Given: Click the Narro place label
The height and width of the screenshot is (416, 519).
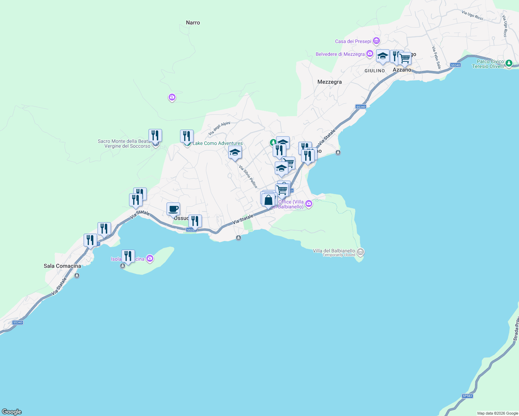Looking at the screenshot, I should tap(193, 23).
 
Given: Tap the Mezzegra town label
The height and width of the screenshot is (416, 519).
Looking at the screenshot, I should tap(330, 82).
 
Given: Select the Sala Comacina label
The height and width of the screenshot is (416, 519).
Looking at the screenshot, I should tap(62, 266).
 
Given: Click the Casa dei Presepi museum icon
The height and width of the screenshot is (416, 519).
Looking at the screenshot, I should tap(376, 41).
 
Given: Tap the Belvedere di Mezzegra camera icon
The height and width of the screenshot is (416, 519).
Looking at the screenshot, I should tap(370, 54).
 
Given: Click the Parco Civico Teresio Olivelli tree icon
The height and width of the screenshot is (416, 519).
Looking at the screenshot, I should tap(509, 63).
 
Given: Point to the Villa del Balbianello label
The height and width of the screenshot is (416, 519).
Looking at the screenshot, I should tap(334, 251).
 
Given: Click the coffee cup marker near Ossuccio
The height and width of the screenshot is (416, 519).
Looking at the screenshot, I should tap(173, 209).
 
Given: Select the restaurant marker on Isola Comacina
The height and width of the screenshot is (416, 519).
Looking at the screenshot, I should tap(128, 256).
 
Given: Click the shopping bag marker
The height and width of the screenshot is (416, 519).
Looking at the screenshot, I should tap(268, 200).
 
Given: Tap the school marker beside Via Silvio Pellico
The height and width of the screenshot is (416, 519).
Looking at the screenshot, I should tap(235, 152).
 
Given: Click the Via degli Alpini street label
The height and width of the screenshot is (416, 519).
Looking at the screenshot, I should tap(219, 129).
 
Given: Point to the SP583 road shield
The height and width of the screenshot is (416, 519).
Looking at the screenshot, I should tap(467, 396).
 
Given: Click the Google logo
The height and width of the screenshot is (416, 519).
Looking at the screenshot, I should tap(12, 412).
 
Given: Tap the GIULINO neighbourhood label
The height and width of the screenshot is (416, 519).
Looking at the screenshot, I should tap(375, 71).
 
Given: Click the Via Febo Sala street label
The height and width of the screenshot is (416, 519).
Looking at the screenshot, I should tap(436, 57).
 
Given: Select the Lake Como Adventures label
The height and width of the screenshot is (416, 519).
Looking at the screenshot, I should tap(218, 143).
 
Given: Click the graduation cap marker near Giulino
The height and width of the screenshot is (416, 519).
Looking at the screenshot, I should tap(382, 56).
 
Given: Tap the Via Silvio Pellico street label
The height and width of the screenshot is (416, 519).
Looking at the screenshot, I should tap(248, 177).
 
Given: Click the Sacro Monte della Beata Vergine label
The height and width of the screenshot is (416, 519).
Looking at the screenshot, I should tap(124, 144).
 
